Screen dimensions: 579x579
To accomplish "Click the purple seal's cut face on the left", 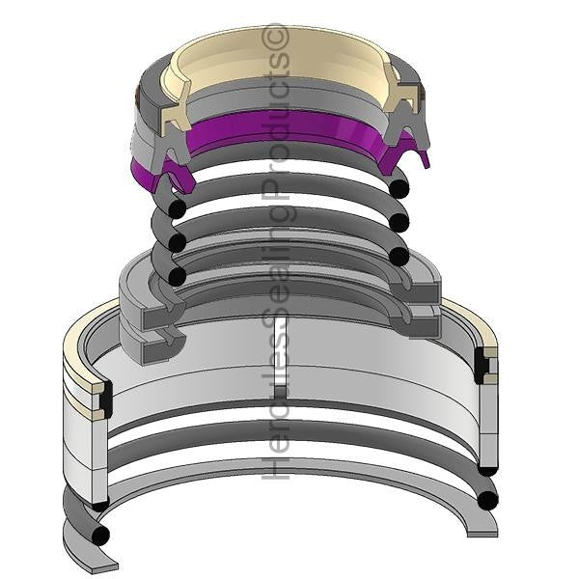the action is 178,177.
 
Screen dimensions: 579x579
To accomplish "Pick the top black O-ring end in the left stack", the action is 177,208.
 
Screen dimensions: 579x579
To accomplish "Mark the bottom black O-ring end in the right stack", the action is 400,256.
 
